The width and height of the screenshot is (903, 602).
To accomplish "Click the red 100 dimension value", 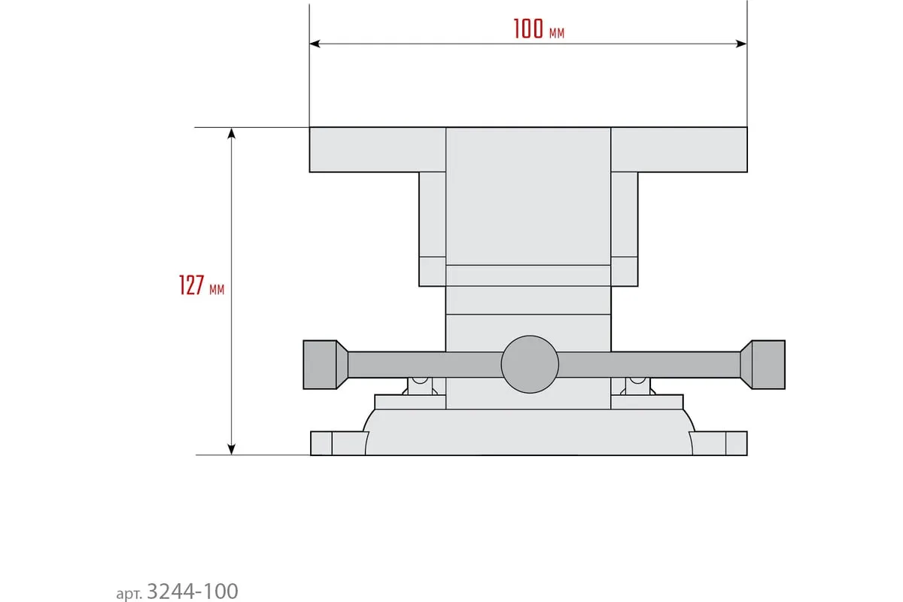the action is click(528, 29).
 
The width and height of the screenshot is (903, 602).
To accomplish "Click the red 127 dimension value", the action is click(191, 285).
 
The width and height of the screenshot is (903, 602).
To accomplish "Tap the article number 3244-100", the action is click(193, 591).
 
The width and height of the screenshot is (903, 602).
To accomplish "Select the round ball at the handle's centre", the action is click(530, 364).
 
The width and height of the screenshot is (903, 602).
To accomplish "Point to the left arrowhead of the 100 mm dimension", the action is click(315, 44).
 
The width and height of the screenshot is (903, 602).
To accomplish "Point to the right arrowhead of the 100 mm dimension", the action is click(741, 44).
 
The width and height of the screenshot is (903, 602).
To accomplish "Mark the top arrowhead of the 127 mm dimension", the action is click(232, 133).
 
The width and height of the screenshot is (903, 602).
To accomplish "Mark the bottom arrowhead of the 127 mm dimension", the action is click(232, 449).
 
